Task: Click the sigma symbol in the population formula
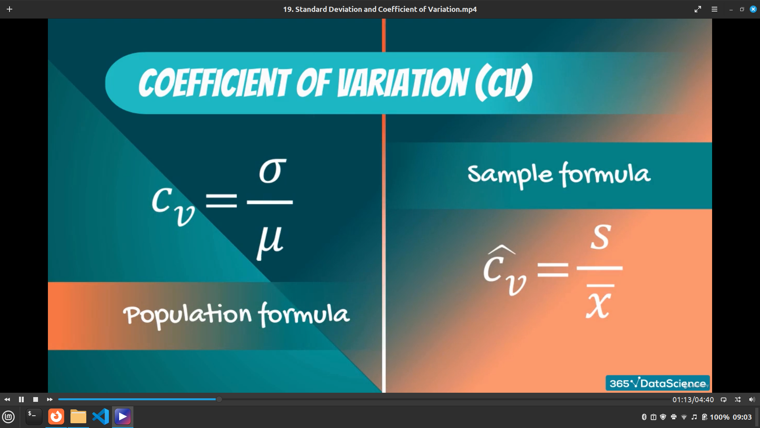pos(272,171)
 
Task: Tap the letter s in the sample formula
pos(600,237)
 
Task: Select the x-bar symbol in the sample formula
pos(599,302)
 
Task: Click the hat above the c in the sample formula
pos(501,250)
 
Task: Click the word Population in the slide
pos(187,315)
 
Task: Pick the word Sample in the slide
pos(510,174)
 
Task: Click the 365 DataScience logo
pos(657,383)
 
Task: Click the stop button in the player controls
pos(36,399)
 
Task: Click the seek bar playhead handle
pos(219,399)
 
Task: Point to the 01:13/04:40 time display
pos(693,400)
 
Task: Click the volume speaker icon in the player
pos(752,399)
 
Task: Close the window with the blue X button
pos(753,9)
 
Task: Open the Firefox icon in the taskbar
pos(56,417)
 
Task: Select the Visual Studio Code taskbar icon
pos(101,417)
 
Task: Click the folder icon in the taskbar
pos(78,417)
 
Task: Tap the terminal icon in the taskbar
pos(34,417)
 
